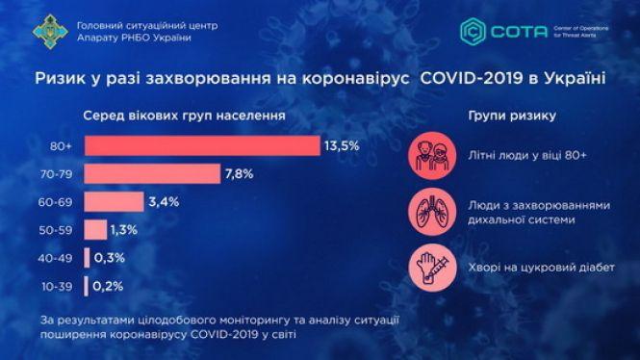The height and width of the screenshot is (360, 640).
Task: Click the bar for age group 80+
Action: click(x=202, y=145)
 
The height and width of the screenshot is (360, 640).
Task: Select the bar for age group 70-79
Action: click(x=155, y=173)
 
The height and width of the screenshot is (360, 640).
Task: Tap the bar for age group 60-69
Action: click(x=114, y=202)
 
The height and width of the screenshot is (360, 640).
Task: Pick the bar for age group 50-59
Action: click(x=95, y=230)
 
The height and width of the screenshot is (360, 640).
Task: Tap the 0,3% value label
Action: click(x=111, y=258)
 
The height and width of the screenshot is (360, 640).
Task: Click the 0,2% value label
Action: click(x=109, y=286)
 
